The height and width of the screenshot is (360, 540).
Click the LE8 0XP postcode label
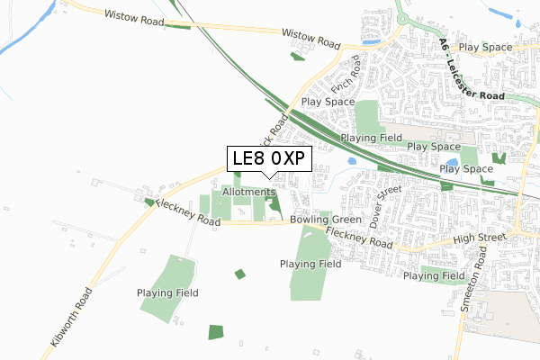point(268,159)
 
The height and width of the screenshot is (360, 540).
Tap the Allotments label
point(248,192)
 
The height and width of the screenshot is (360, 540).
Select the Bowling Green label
point(326,220)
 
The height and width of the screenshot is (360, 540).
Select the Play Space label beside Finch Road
point(328,103)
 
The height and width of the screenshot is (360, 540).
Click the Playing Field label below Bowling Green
point(310,265)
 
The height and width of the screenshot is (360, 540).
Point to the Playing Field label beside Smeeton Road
point(434,275)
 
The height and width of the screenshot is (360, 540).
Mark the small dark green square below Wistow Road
point(298,57)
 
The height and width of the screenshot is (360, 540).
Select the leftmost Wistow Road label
point(134,16)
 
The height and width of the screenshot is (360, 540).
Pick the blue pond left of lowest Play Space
point(448,166)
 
